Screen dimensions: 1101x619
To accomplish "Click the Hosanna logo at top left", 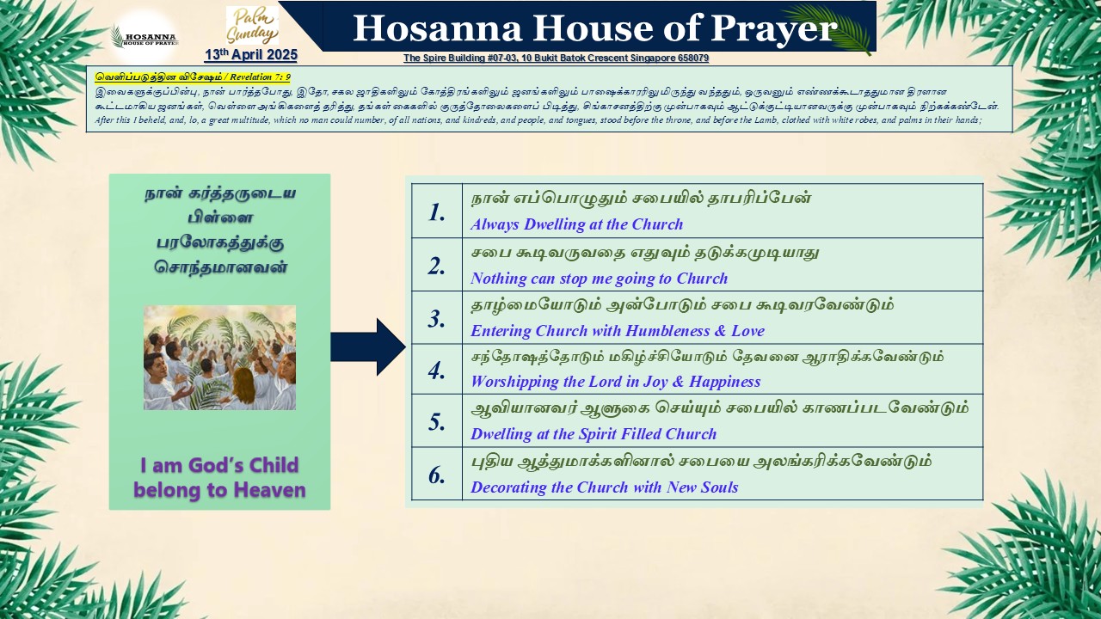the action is coord(145,37).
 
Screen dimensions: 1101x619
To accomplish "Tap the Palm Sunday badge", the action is coord(252,26).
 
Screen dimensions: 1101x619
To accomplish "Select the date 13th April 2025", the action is coord(251,54).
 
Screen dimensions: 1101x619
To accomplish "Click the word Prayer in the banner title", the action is coord(773,28).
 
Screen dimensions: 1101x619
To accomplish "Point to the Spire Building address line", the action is coord(556,58).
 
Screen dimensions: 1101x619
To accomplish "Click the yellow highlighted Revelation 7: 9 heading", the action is coord(193,77).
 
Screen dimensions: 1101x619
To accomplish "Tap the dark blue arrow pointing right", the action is coord(368,346).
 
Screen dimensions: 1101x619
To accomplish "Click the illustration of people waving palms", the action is coord(219,358).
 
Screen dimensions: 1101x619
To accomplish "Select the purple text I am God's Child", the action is coord(219,465).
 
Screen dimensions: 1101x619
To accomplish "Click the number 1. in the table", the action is coord(436,212).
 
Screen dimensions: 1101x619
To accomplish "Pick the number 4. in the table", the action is coord(436,371).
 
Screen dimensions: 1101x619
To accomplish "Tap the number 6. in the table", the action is coord(436,475).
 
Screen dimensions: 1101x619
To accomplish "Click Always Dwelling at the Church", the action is coord(577,224).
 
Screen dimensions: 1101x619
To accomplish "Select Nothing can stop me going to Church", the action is coord(600,279).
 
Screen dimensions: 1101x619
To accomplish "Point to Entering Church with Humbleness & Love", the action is coord(618,331).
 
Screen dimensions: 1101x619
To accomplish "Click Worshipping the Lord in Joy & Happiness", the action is coord(615,382).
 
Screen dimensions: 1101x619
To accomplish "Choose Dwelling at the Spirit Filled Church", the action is coord(594,434).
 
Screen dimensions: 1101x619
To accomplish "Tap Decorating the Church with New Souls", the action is coord(605,487).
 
